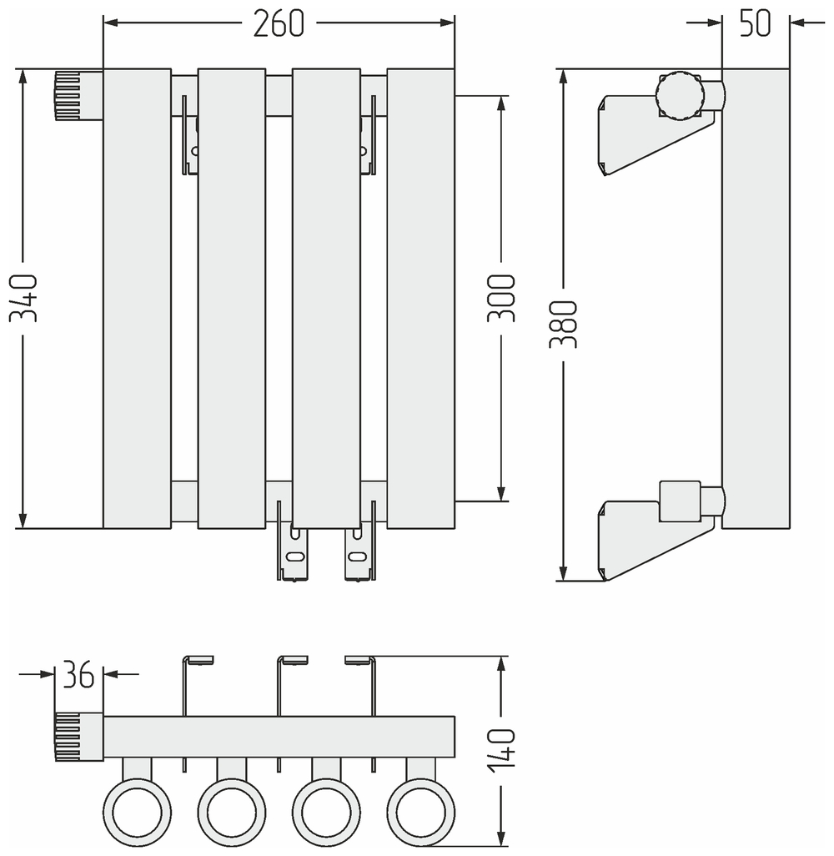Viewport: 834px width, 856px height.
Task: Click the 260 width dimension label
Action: coord(279,24)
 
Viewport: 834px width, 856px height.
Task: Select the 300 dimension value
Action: coord(501,298)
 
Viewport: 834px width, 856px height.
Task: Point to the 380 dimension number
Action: coord(565,325)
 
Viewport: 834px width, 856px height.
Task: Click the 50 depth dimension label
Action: coord(756,24)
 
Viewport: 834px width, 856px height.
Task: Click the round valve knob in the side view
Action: coord(680,96)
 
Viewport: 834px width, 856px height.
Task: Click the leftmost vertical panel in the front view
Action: coord(137,298)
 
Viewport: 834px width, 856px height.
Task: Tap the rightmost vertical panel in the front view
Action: coord(421,298)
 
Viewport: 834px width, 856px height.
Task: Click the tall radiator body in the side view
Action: coord(756,298)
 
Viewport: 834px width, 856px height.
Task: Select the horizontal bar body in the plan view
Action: coord(279,737)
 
